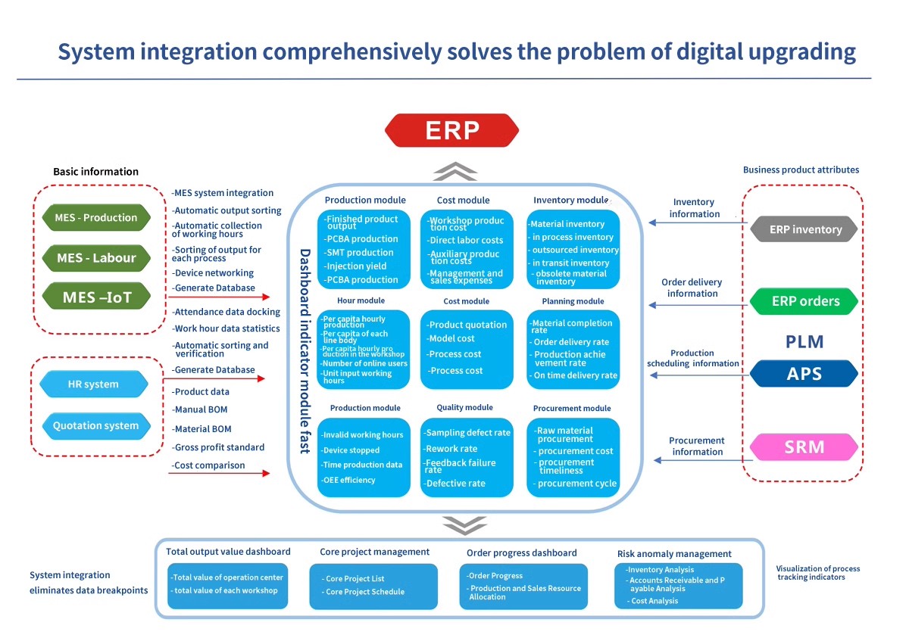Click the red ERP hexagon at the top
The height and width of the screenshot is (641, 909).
tap(452, 130)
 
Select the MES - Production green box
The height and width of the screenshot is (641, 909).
tap(95, 218)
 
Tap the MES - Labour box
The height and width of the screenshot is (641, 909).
tap(95, 258)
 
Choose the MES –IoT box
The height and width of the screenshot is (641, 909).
tap(96, 297)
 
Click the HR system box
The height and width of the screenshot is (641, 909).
tap(93, 384)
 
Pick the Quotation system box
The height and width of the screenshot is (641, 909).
tap(95, 426)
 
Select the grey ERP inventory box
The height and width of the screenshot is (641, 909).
tap(804, 229)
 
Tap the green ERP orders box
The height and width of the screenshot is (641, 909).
tap(804, 301)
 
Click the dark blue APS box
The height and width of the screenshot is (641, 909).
tap(804, 374)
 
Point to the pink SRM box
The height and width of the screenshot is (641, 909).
tap(804, 447)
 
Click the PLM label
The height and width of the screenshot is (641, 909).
tap(804, 342)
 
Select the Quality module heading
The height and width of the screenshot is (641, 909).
tap(464, 408)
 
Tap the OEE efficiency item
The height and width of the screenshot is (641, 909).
tap(348, 480)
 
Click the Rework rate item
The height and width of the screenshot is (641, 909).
tap(451, 449)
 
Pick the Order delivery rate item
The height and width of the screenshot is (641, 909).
tap(571, 342)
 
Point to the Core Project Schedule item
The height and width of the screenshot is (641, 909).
tap(365, 592)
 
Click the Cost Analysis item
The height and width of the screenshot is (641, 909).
tap(654, 601)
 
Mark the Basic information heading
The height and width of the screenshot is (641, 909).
tap(95, 172)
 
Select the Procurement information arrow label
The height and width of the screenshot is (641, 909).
tap(697, 447)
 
